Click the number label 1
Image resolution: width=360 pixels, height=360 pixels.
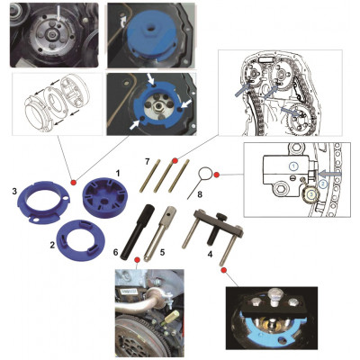[118, 173]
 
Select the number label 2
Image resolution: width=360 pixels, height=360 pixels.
[52, 246]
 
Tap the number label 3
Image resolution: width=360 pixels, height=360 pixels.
[14, 192]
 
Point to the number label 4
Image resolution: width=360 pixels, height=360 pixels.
[210, 255]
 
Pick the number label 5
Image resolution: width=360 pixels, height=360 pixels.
[162, 252]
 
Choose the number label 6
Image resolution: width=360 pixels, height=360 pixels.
[116, 252]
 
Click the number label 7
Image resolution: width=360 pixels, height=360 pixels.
[147, 162]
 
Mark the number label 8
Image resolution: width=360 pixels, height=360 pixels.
[200, 194]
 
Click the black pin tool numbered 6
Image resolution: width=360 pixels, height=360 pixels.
[138, 232]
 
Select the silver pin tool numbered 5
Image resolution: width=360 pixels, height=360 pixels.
[158, 234]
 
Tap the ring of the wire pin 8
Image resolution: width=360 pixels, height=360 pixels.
[205, 173]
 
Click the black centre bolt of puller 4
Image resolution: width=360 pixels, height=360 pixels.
[217, 227]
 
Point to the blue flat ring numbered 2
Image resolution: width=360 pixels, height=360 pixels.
[81, 240]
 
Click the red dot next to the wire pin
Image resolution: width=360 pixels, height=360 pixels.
[217, 175]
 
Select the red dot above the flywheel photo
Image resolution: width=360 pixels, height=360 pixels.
[138, 259]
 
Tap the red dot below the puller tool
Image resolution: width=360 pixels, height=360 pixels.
[223, 271]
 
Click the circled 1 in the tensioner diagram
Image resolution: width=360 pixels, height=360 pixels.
[294, 166]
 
